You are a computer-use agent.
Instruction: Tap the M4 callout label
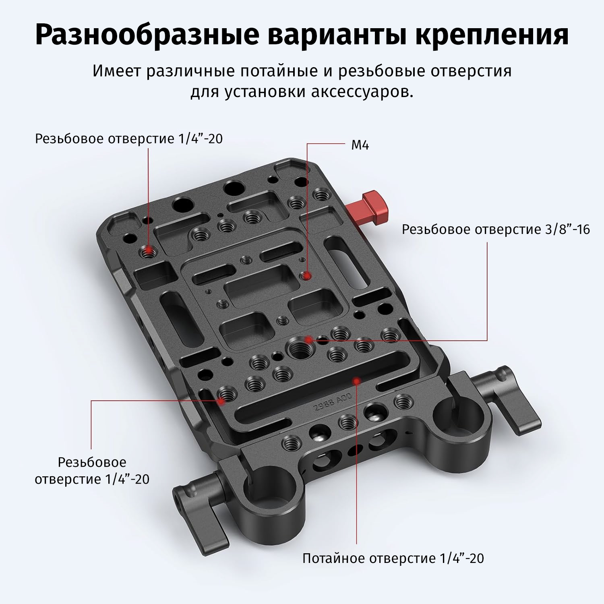point(360,145)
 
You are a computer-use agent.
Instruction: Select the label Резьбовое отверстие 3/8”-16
point(496,230)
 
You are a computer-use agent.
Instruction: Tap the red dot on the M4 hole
point(307,276)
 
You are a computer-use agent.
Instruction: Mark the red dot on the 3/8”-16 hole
point(308,339)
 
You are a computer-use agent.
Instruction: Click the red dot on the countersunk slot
point(356,380)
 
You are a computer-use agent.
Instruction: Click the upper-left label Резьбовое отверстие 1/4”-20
point(129,139)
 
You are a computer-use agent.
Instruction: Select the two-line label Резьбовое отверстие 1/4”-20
point(92,471)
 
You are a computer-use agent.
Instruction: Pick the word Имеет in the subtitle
point(116,71)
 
